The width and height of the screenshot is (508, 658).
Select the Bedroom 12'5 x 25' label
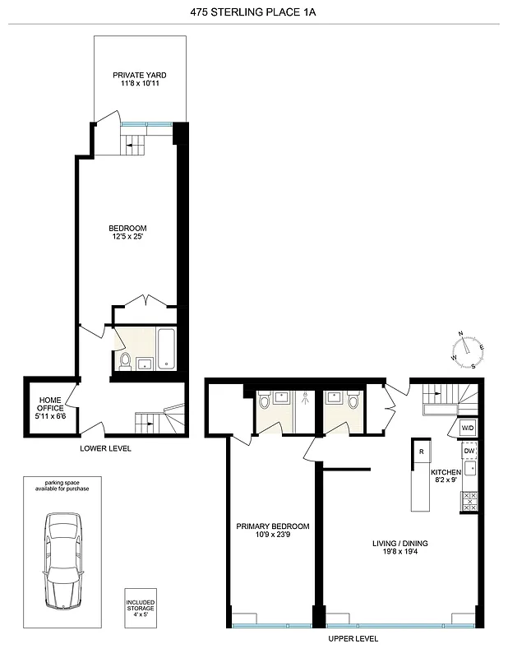coord(127,232)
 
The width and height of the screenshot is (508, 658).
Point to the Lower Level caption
coord(105,448)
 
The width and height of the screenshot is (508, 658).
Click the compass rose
coord(468,350)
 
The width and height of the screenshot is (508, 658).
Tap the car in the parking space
coord(63,560)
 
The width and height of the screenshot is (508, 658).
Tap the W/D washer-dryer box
coord(467,429)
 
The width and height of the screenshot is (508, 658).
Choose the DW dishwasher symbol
coord(469,451)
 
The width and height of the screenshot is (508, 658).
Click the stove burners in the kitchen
coord(470,502)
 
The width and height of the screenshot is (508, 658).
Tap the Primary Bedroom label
coord(272,531)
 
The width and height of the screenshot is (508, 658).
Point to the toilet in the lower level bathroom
coord(124,359)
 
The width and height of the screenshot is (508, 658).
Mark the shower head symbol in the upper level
coord(305,397)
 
